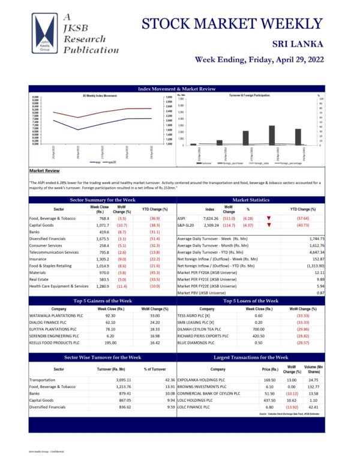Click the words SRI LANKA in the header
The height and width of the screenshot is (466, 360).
[x=298, y=44]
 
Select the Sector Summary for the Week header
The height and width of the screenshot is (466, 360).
[x=103, y=200]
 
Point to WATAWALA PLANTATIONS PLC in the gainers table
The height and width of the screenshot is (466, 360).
[x=55, y=315]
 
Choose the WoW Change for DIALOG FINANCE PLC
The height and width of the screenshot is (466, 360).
[x=154, y=322]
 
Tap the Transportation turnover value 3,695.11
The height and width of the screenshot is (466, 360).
[x=113, y=380]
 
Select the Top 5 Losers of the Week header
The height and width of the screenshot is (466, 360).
[x=250, y=300]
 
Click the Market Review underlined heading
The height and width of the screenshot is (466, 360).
[x=43, y=171]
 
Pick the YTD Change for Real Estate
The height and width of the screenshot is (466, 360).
[x=154, y=279]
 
